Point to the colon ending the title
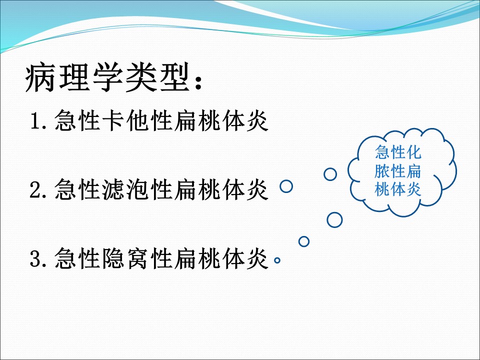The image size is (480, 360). pos(198,81)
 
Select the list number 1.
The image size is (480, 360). pos(36,120)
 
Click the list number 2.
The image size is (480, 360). pos(36,189)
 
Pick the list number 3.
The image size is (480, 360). pos(36,258)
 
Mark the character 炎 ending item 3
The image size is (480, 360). pos(257,258)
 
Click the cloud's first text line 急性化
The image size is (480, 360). pos(398,152)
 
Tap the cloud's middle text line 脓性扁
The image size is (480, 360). pos(398,171)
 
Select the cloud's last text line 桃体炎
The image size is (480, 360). pos(398,189)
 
